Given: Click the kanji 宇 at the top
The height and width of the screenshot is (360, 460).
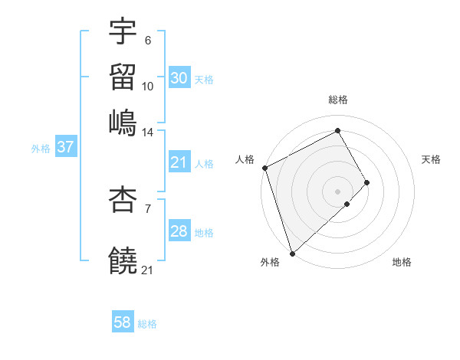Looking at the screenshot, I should (123, 32).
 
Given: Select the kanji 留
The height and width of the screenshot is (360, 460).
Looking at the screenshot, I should (123, 77).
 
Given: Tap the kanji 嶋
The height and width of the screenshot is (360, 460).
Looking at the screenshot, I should (123, 123).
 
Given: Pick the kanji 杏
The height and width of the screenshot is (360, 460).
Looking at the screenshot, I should (123, 200).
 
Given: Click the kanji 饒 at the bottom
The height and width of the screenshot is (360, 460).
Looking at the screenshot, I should (123, 260).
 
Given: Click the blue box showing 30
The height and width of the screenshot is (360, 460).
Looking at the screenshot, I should (179, 78).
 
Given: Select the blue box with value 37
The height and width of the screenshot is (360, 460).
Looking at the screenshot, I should (65, 147).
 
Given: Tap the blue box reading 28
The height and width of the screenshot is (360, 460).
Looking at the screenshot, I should (179, 231).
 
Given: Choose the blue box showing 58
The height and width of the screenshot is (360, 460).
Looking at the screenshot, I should (123, 322).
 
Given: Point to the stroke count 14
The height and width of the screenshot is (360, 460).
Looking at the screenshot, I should (148, 133).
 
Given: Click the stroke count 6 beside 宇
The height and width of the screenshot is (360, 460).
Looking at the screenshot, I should (148, 41).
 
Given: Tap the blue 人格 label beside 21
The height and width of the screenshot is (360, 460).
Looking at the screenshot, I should (204, 163).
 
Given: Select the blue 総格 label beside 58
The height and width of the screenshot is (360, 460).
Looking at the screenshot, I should (147, 324).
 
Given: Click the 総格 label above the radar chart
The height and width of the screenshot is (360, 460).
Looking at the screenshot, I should (338, 100).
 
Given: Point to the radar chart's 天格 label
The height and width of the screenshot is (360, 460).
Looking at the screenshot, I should (431, 159).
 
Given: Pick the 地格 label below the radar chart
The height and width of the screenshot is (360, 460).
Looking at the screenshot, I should (402, 263).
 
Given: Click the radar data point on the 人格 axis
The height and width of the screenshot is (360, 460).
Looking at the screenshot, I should (264, 168).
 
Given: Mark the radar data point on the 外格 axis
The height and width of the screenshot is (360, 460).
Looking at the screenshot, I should (292, 253).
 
